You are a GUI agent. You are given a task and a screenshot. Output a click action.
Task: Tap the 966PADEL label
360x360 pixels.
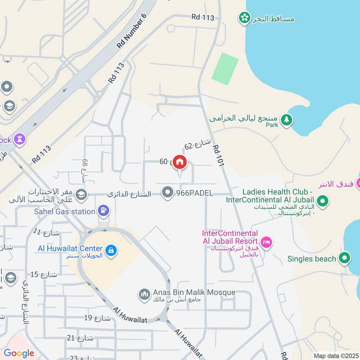coord(194,193)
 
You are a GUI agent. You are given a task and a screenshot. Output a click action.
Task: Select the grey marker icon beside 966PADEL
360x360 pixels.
coord(168,193)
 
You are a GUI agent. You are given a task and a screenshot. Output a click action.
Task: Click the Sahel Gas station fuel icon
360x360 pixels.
coord(104,210)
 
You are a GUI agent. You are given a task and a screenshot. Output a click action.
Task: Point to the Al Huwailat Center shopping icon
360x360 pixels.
coord(111,250)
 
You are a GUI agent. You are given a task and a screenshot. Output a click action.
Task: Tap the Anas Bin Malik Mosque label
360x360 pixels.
coord(193,292)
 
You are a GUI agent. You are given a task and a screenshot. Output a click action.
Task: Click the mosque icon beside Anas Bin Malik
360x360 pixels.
coord(144,294)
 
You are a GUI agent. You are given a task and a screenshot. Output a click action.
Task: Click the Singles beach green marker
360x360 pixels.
coord(345,258)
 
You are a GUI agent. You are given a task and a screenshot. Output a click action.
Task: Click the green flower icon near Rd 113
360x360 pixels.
coord(244,18)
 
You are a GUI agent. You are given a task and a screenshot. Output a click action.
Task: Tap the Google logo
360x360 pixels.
coord(19,353)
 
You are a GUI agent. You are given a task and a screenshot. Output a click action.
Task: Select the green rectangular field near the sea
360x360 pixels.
coord(225,68)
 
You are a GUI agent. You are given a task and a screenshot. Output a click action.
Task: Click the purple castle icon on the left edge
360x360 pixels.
coord(20,139)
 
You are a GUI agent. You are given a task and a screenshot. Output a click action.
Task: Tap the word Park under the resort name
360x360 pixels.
coord(272,126)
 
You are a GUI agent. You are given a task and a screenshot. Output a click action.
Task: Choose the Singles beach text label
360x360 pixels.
coord(312,259)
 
